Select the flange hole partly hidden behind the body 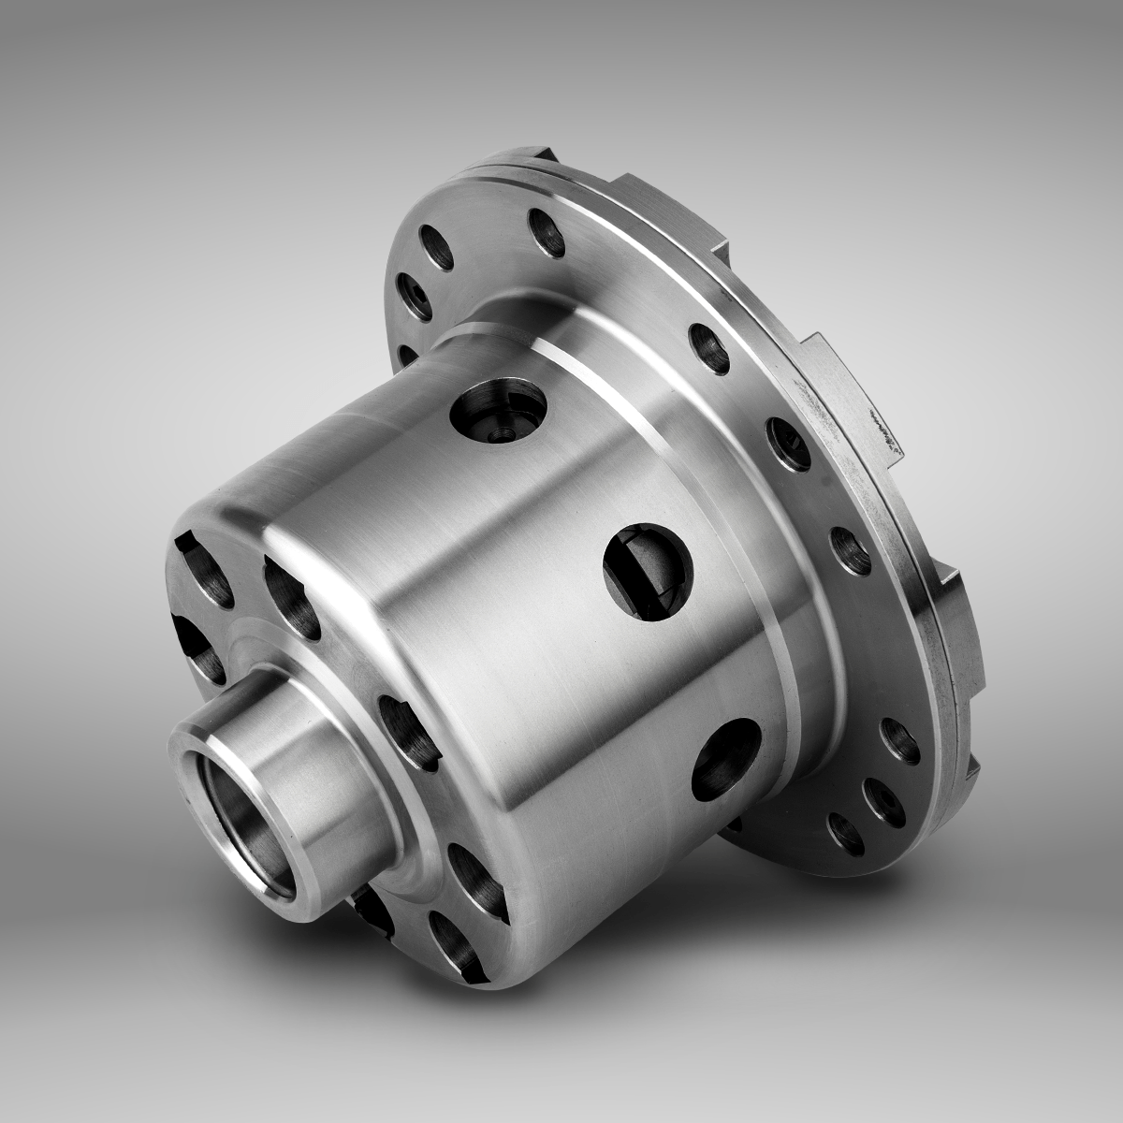click(406, 355)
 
